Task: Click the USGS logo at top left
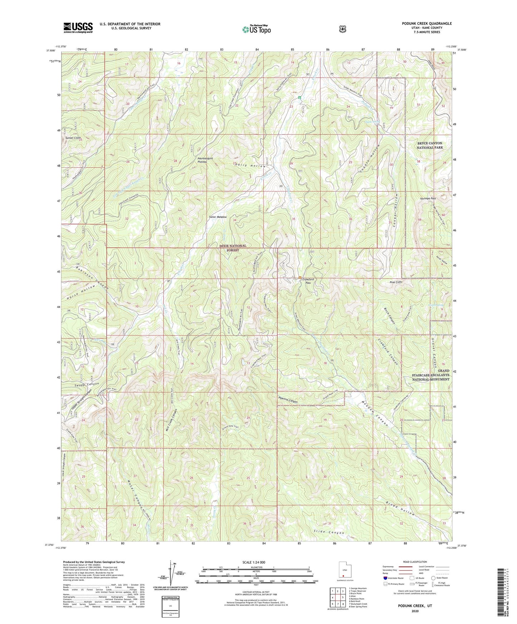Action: [x=78, y=28]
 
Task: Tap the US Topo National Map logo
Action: [x=256, y=29]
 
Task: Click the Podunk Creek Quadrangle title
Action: [x=421, y=24]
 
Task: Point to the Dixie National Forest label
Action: [x=233, y=248]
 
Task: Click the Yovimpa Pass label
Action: [x=428, y=198]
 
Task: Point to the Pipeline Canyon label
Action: [x=288, y=401]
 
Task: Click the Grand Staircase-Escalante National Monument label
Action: [x=431, y=375]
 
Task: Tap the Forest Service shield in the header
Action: [x=343, y=29]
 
